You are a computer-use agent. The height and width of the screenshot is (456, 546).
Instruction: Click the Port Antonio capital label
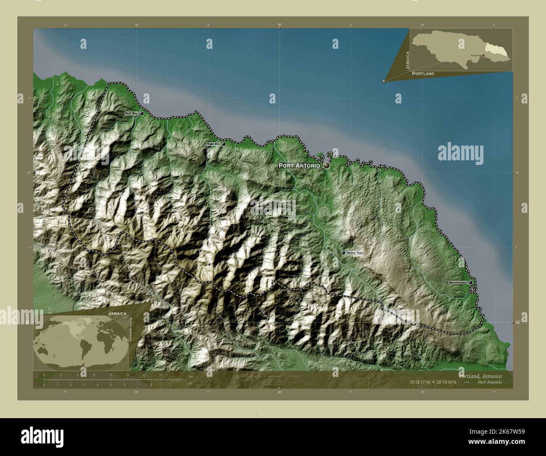pyautogui.click(x=299, y=166)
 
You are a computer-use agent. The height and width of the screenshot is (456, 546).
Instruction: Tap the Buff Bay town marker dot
pyautogui.click(x=142, y=114)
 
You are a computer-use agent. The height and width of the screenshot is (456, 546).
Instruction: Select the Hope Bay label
pyautogui.click(x=213, y=144)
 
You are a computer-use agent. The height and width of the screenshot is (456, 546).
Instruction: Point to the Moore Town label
pyautogui.click(x=355, y=253)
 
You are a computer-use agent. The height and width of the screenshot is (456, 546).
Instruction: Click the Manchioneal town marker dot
pyautogui.click(x=471, y=282)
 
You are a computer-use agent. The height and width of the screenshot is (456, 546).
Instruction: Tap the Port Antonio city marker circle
pyautogui.click(x=326, y=166)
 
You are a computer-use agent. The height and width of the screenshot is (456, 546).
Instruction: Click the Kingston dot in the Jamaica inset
pyautogui.click(x=483, y=55)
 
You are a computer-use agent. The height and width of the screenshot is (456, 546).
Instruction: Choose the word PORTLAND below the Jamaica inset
pyautogui.click(x=423, y=74)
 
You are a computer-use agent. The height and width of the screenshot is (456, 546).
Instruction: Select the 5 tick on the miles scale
pyautogui.click(x=111, y=384)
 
